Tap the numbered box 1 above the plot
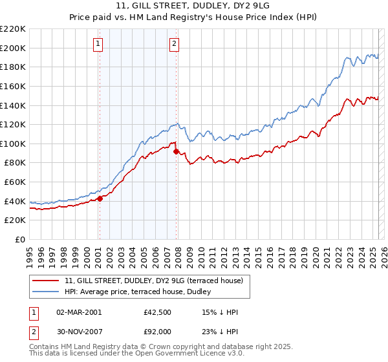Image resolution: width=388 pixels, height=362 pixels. click(x=98, y=44)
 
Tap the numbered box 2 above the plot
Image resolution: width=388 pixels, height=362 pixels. click(x=175, y=44)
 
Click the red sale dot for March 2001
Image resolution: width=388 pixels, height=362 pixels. click(x=100, y=199)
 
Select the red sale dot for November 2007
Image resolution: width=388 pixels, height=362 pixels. click(x=176, y=151)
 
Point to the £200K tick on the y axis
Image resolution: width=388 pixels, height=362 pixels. click(x=13, y=48)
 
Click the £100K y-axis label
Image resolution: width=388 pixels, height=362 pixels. click(x=13, y=144)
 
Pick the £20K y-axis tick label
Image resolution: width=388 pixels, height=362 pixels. click(x=15, y=220)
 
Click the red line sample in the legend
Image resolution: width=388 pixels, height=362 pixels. click(x=47, y=281)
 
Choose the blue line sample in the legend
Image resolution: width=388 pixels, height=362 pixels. click(x=47, y=291)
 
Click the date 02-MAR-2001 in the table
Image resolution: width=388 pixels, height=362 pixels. click(x=79, y=312)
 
